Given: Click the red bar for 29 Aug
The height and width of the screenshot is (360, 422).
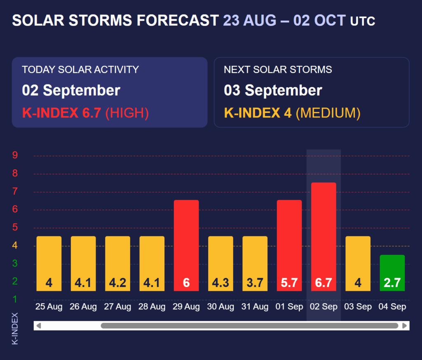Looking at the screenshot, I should pyautogui.click(x=186, y=245).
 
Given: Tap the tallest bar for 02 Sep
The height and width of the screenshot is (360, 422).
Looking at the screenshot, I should pyautogui.click(x=324, y=236).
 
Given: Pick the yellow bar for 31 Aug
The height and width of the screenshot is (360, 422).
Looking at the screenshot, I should pyautogui.click(x=255, y=263).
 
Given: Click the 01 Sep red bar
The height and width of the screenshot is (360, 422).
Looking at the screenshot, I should pyautogui.click(x=289, y=245).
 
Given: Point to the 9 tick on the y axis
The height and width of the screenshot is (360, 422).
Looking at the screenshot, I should pyautogui.click(x=15, y=156).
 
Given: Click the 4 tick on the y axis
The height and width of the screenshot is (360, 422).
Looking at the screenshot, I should pyautogui.click(x=15, y=246).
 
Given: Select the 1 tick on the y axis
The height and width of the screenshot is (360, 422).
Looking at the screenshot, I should pyautogui.click(x=15, y=299).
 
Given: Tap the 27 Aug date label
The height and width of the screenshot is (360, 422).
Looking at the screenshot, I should pyautogui.click(x=117, y=307).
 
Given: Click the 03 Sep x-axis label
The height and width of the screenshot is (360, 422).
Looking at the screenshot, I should pyautogui.click(x=358, y=307).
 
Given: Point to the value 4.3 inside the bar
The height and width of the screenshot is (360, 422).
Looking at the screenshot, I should pyautogui.click(x=220, y=283).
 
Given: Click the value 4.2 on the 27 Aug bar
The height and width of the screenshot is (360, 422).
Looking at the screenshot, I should pyautogui.click(x=117, y=283).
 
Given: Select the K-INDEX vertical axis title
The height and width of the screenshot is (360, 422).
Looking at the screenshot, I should pyautogui.click(x=15, y=328).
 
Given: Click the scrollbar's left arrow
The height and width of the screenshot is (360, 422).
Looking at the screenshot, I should pyautogui.click(x=39, y=326).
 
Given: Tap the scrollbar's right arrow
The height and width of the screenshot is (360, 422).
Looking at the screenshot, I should pyautogui.click(x=405, y=326).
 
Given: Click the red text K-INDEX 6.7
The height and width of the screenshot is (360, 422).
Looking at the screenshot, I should pyautogui.click(x=61, y=113).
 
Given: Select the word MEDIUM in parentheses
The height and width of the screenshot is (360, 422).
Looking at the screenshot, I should pyautogui.click(x=328, y=113).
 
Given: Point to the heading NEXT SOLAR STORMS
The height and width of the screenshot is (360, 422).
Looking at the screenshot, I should pyautogui.click(x=278, y=70).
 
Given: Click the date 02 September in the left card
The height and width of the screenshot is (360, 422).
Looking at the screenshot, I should pyautogui.click(x=71, y=91).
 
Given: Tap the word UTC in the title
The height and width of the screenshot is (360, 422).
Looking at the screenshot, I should pyautogui.click(x=363, y=21).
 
